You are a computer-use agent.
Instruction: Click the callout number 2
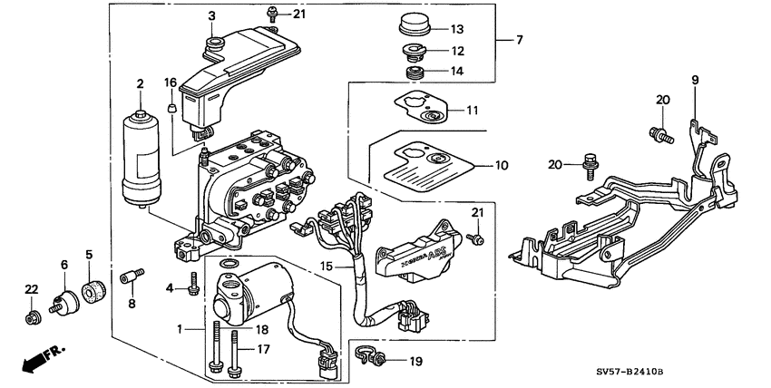pyautogui.click(x=141, y=84)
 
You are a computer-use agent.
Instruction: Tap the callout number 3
pyautogui.click(x=211, y=16)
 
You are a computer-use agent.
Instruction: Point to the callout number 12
pyautogui.click(x=457, y=52)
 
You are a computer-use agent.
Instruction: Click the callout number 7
pyautogui.click(x=520, y=40)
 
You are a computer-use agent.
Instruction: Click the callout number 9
pyautogui.click(x=696, y=81)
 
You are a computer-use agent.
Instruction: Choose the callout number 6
pyautogui.click(x=64, y=264)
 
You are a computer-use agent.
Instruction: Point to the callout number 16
pyautogui.click(x=170, y=82)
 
